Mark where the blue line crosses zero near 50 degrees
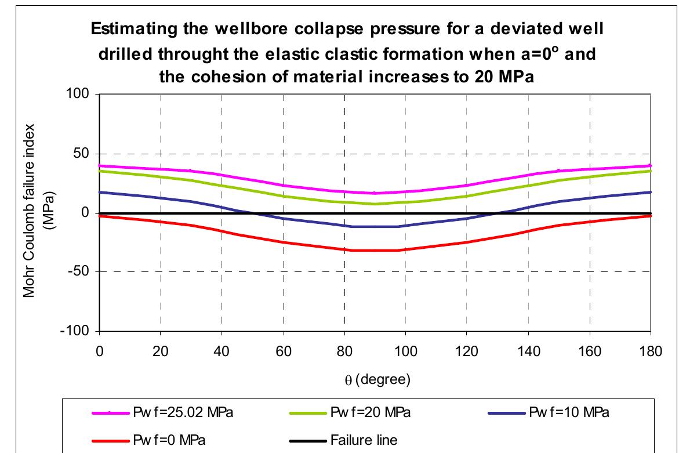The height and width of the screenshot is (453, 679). click(x=252, y=213)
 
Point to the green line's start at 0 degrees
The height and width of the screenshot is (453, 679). click(x=100, y=171)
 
